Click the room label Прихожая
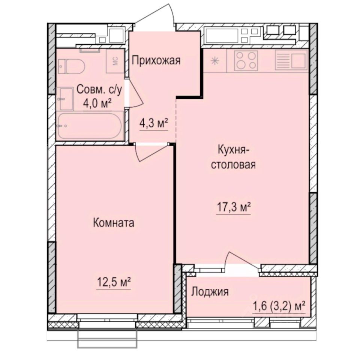(156, 60)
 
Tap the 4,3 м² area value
(153, 123)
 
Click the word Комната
(113, 223)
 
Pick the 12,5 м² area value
(113, 282)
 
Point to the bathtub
(90, 126)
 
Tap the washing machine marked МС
(115, 60)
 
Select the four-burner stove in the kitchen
(246, 60)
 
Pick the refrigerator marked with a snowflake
(215, 61)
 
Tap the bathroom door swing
(135, 94)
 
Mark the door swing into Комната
(150, 152)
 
